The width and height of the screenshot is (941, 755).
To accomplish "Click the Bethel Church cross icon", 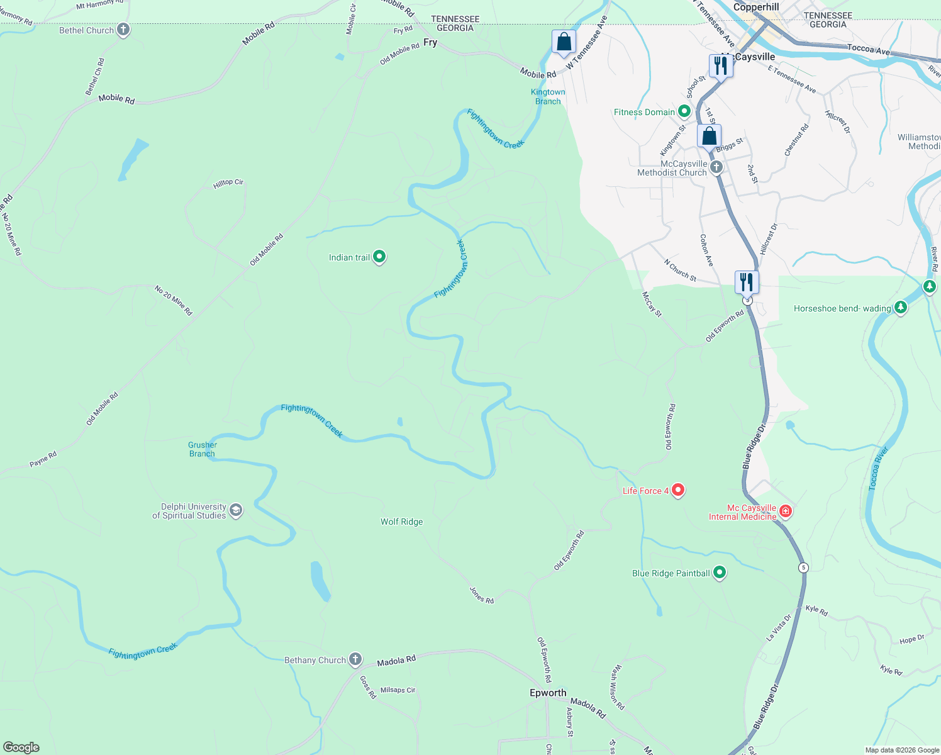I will pyautogui.click(x=123, y=30).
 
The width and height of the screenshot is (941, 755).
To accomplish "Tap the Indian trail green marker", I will pyautogui.click(x=379, y=257).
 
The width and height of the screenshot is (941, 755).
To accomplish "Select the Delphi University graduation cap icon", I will pyautogui.click(x=236, y=510).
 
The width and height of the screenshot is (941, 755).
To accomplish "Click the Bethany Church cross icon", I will pyautogui.click(x=355, y=659).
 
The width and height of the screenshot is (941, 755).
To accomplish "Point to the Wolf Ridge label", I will pyautogui.click(x=401, y=522).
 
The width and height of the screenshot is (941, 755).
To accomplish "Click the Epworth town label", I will pyautogui.click(x=548, y=693).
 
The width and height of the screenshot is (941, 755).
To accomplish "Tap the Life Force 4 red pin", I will pyautogui.click(x=677, y=489).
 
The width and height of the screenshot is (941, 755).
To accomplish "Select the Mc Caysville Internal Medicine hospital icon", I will pyautogui.click(x=785, y=512).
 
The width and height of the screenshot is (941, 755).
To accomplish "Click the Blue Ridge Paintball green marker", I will pyautogui.click(x=720, y=573).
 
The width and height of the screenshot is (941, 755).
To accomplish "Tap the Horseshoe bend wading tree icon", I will pyautogui.click(x=901, y=308).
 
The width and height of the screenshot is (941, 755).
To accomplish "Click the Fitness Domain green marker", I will pyautogui.click(x=684, y=112).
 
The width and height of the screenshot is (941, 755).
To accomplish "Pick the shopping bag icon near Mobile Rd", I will pyautogui.click(x=564, y=42).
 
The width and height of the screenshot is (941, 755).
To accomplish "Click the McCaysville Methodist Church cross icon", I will pyautogui.click(x=716, y=167).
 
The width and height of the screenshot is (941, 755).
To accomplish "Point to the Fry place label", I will pyautogui.click(x=430, y=42).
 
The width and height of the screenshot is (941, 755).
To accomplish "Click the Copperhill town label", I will pyautogui.click(x=756, y=7).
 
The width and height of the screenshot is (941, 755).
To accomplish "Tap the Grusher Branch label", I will pyautogui.click(x=203, y=449).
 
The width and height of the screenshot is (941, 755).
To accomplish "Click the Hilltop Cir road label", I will pyautogui.click(x=228, y=183).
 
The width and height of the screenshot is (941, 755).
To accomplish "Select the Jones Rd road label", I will pyautogui.click(x=482, y=595).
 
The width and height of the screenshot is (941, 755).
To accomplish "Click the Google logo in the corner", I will pyautogui.click(x=21, y=747).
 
